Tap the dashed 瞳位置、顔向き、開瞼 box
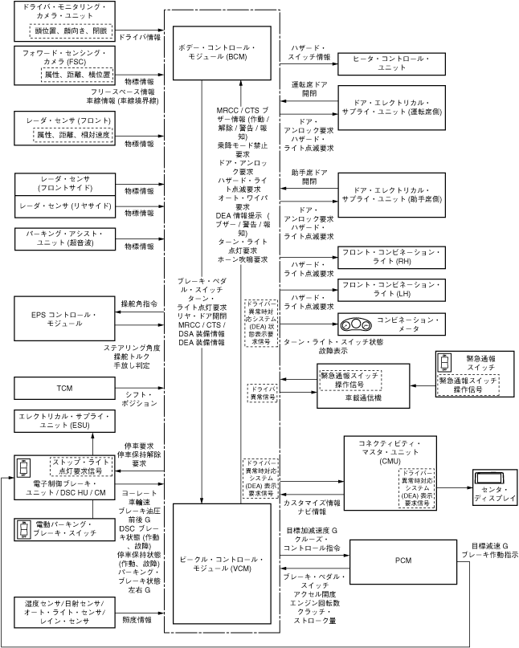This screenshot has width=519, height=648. click(71, 31)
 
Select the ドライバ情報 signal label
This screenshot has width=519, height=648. click(139, 36)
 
